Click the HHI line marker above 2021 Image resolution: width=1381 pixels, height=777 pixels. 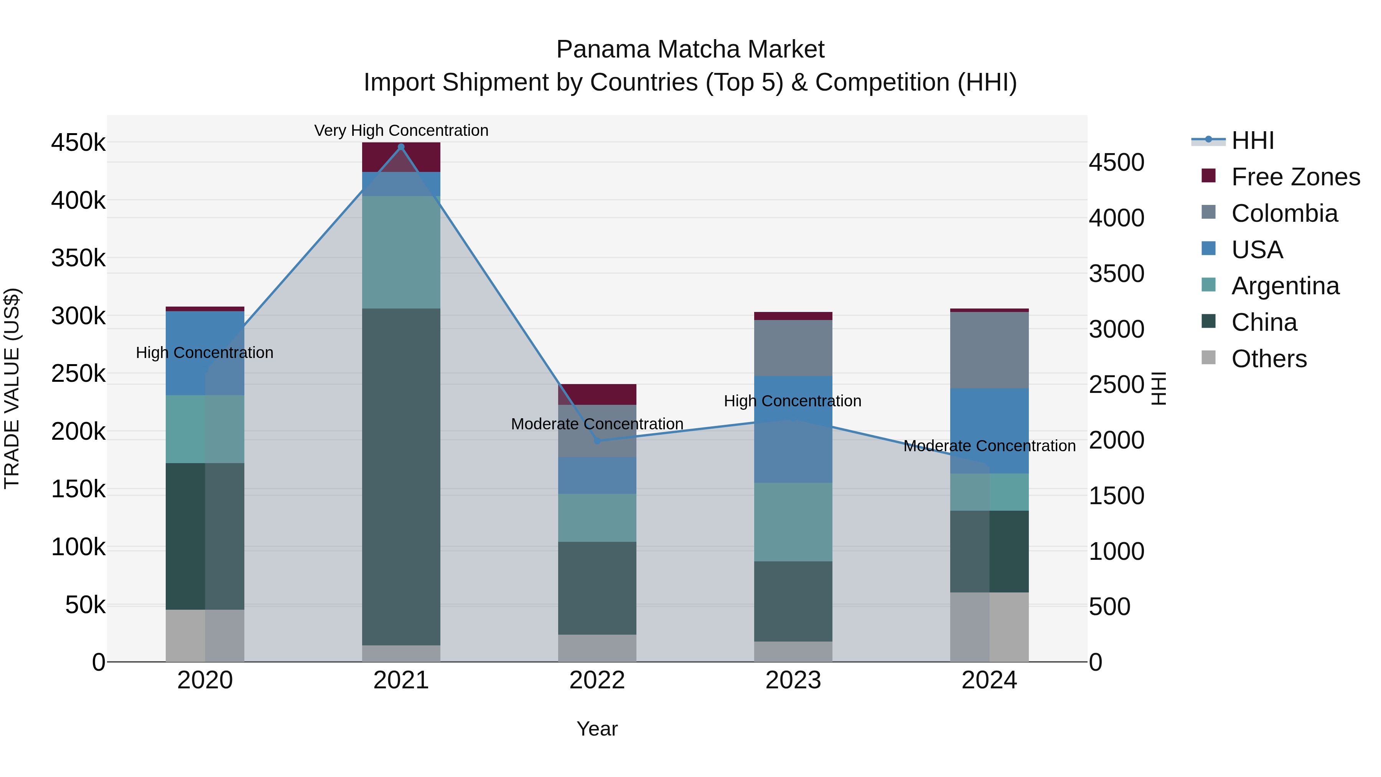pyautogui.click(x=401, y=147)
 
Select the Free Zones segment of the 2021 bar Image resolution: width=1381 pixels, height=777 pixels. pyautogui.click(x=401, y=157)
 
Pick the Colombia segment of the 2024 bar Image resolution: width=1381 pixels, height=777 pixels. pyautogui.click(x=989, y=350)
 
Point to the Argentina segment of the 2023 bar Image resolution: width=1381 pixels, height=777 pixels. pyautogui.click(x=793, y=522)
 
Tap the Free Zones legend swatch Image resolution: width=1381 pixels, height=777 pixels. pyautogui.click(x=1209, y=176)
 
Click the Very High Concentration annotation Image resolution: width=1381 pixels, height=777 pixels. pyautogui.click(x=401, y=130)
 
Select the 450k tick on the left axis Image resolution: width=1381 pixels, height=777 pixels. pyautogui.click(x=78, y=143)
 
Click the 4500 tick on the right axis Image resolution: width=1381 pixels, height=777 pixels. pyautogui.click(x=1117, y=162)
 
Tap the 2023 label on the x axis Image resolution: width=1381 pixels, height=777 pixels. pyautogui.click(x=793, y=680)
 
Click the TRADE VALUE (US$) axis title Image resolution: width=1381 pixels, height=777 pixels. pyautogui.click(x=12, y=388)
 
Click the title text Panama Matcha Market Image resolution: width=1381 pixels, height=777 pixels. pyautogui.click(x=690, y=49)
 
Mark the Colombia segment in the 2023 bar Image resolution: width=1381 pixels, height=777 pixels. pyautogui.click(x=793, y=348)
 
